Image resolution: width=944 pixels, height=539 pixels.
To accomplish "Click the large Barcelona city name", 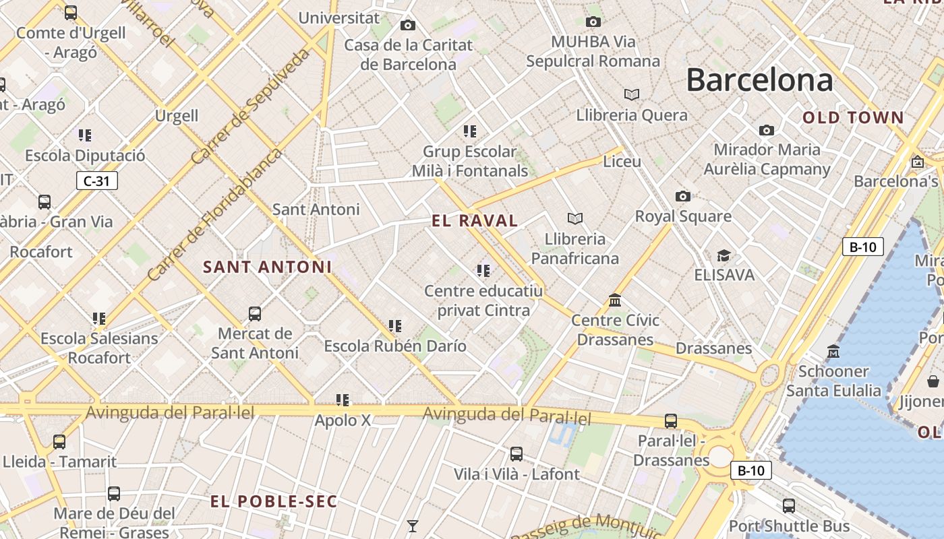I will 759,80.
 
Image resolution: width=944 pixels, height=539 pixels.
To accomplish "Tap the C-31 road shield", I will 96,181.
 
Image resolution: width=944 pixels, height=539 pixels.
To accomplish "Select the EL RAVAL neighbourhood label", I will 475,220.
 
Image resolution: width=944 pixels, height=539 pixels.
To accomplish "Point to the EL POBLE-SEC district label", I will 274,501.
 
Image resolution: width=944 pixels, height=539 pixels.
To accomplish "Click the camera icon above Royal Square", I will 683,196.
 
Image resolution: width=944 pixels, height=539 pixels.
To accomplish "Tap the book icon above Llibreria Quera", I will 631,94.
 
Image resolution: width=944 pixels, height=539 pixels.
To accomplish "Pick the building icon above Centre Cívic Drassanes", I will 614,300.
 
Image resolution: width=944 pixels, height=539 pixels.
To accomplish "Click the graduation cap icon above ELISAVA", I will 724,255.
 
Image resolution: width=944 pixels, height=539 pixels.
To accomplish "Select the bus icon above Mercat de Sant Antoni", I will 254,313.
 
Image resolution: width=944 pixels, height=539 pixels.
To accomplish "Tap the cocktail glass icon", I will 412,526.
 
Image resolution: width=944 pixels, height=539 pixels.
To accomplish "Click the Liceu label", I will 622,162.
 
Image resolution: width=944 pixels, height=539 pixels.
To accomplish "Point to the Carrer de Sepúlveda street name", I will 251,106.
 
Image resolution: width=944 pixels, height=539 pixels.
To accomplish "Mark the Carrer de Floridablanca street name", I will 214,215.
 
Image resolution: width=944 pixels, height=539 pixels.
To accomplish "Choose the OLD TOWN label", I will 853,118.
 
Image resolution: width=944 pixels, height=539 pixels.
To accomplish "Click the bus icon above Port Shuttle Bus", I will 788,505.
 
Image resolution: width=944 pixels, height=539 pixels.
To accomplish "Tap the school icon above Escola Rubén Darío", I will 395,326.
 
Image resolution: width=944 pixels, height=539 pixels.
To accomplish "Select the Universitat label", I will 339,18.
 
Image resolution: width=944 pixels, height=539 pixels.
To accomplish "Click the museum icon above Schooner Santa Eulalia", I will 833,351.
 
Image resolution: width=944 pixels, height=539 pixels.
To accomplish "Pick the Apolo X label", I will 343,420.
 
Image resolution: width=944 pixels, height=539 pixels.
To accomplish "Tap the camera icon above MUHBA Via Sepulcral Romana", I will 593,22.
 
